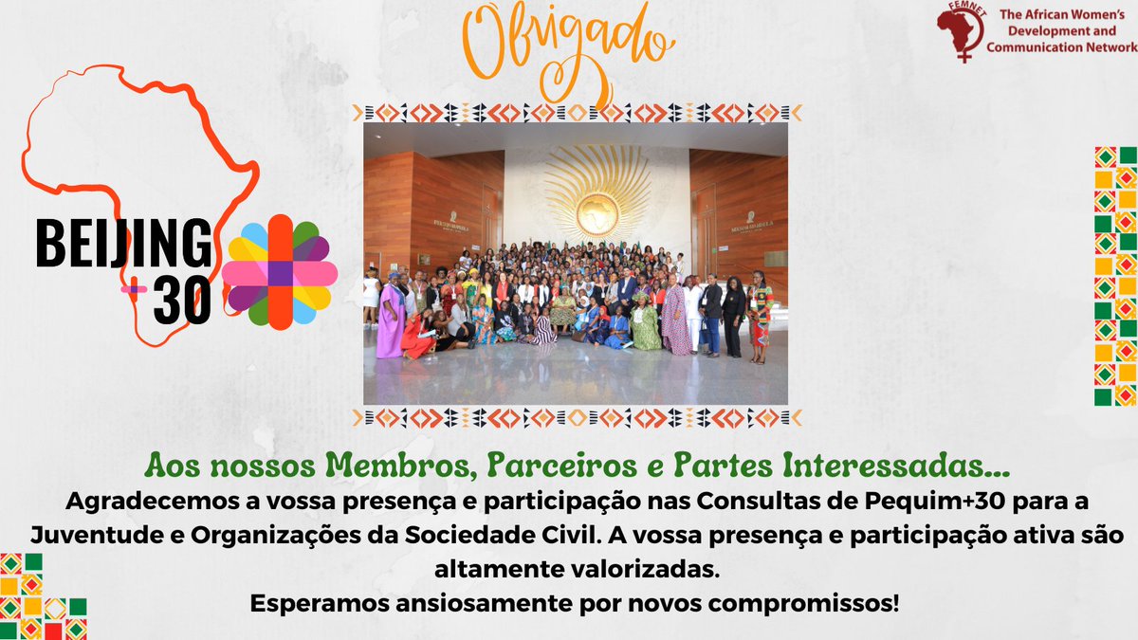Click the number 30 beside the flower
182,301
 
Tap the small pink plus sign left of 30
134,287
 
